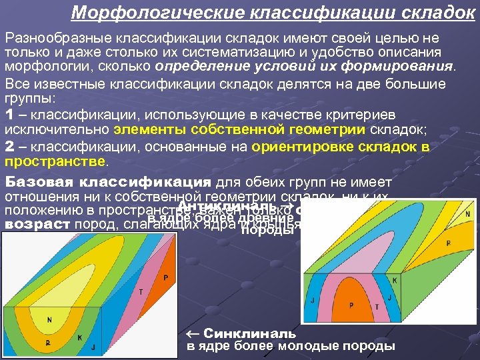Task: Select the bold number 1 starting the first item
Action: pos(9,114)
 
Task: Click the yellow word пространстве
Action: pos(54,162)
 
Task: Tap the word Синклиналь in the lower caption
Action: pos(249,333)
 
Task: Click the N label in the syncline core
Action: pos(49,320)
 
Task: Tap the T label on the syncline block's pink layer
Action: pos(141,291)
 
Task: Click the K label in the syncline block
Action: pos(79,338)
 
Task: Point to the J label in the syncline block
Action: pos(93,347)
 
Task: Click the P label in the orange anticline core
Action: pos(351,305)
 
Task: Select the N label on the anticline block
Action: pos(467,213)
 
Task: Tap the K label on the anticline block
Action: pos(395,281)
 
